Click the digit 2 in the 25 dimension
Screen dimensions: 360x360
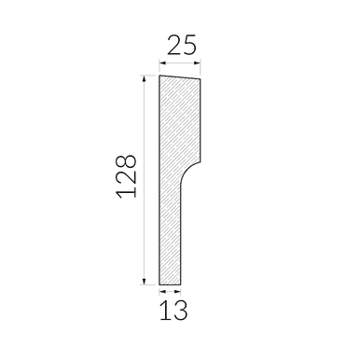click(174, 45)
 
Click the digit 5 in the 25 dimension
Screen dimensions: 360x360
click(189, 46)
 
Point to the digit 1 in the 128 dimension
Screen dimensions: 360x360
click(127, 193)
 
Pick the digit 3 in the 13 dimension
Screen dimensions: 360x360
click(181, 310)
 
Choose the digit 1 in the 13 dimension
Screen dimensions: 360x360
click(164, 310)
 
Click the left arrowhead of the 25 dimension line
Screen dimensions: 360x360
click(162, 63)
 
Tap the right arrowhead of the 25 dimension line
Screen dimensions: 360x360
click(197, 63)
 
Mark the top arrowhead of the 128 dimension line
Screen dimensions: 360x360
click(144, 79)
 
